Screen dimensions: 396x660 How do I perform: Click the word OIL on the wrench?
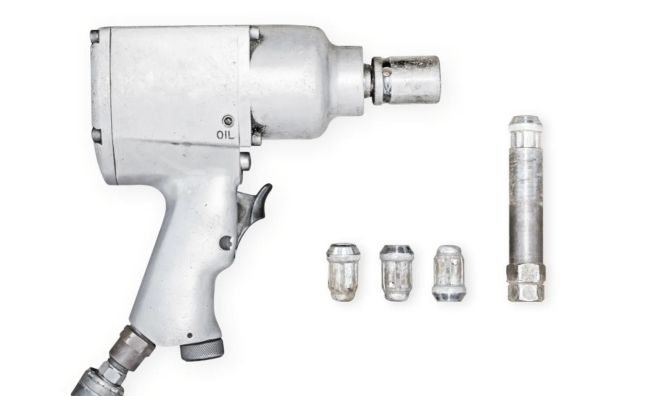225,135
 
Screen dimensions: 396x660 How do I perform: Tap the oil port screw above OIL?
227,122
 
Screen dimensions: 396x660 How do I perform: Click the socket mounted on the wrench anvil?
412,79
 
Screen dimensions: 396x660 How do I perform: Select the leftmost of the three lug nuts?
343,272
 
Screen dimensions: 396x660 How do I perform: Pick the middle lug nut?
397,273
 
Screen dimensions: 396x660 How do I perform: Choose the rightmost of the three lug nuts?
449,273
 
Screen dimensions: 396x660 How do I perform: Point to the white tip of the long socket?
525,124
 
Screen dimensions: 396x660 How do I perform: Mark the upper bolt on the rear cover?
95,37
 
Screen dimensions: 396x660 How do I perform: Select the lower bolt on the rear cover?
96,135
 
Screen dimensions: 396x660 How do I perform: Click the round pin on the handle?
225,242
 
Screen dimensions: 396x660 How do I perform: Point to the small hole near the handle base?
190,335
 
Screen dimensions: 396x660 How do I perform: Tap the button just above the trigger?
245,161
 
